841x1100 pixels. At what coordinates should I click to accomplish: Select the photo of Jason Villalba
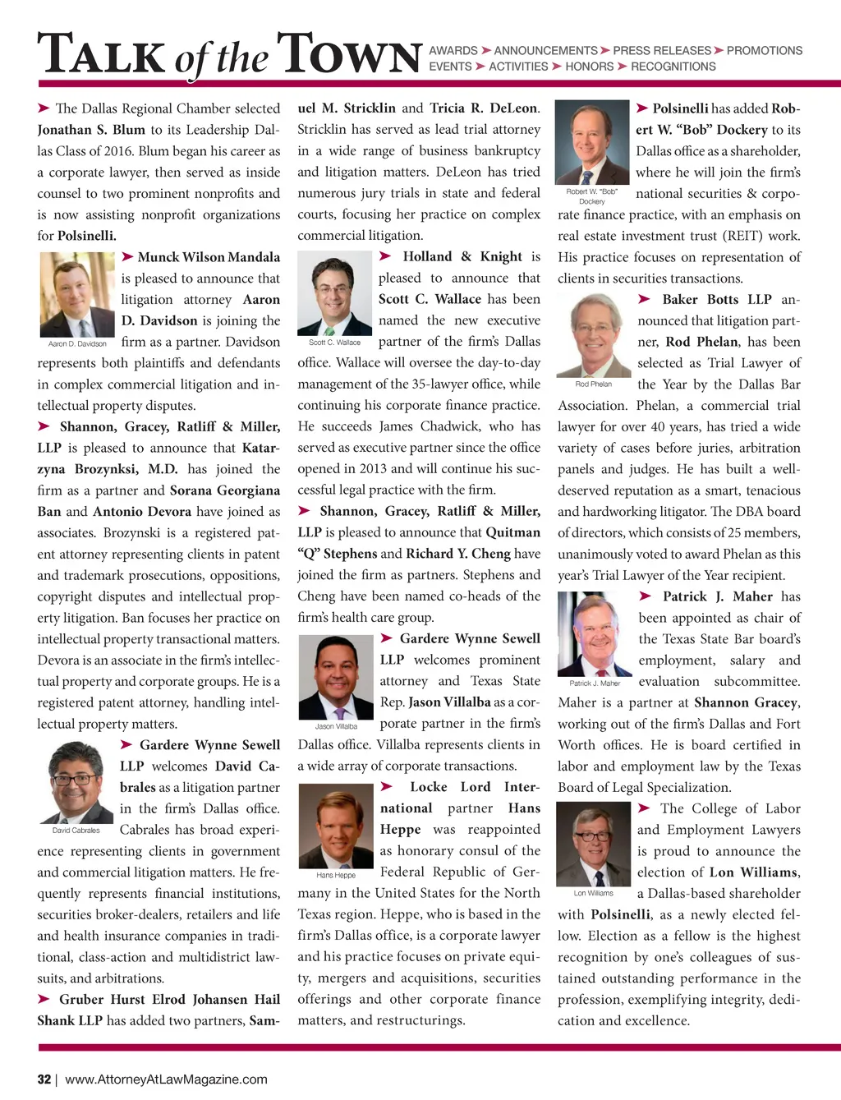pyautogui.click(x=336, y=677)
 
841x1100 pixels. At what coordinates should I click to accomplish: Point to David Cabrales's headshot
pyautogui.click(x=76, y=782)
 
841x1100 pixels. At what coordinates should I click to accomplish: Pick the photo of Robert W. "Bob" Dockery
pyautogui.click(x=592, y=143)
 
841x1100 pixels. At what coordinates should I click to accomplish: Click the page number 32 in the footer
pyautogui.click(x=44, y=1079)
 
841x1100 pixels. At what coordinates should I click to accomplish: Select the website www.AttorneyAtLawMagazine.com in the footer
pyautogui.click(x=166, y=1079)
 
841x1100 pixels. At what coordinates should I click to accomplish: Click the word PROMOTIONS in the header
pyautogui.click(x=765, y=51)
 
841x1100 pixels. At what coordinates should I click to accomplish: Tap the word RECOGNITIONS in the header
pyautogui.click(x=673, y=67)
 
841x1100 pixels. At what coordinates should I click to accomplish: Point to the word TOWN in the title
pyautogui.click(x=349, y=55)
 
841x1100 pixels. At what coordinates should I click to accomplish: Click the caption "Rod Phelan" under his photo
pyautogui.click(x=594, y=384)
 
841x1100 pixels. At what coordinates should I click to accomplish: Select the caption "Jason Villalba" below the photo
pyautogui.click(x=336, y=726)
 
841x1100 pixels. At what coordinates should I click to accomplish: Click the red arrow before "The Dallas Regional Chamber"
pyautogui.click(x=44, y=108)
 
